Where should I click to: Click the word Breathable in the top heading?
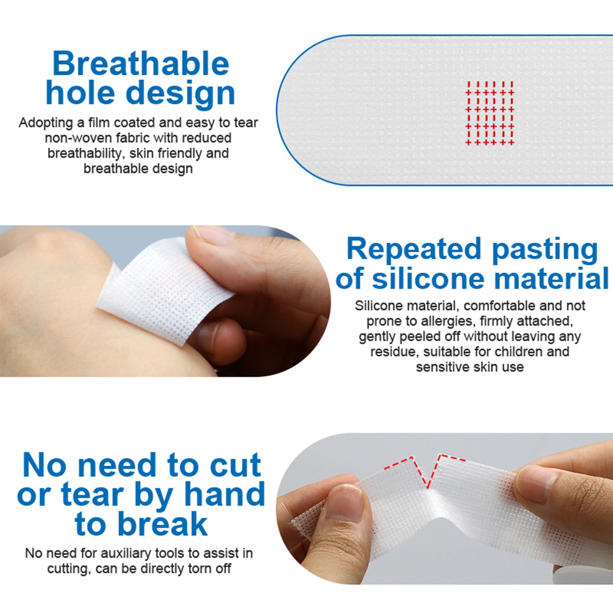pos(141,63)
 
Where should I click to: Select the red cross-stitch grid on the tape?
pos(490,113)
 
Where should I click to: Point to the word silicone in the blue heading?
pos(428,279)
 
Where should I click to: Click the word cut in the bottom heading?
pos(235,465)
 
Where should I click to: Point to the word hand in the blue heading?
pos(225,494)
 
